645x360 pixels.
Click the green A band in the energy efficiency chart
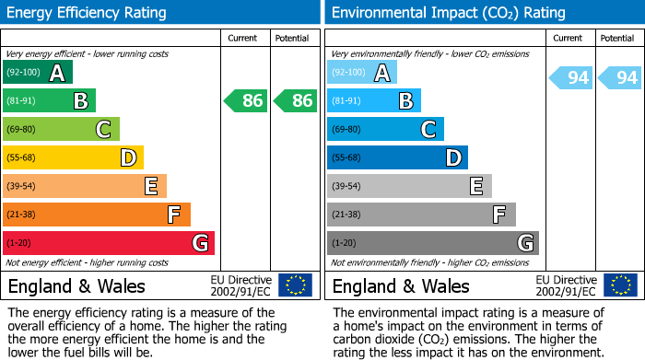pos(37,73)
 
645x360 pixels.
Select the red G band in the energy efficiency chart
pos(109,243)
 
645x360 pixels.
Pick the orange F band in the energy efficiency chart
pos(97,215)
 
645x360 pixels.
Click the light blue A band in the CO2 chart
pos(362,73)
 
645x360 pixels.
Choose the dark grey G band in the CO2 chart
pos(433,243)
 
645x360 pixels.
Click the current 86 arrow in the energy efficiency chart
pos(246,100)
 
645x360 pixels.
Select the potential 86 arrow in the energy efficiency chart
pos(295,100)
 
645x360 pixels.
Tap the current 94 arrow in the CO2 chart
pos(571,77)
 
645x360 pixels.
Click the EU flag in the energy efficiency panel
pos(295,285)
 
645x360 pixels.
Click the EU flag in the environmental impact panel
pos(620,285)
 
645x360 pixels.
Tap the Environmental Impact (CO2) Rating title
pos(448,13)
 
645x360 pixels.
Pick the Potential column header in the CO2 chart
pos(617,38)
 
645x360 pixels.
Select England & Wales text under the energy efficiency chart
pos(76,285)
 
